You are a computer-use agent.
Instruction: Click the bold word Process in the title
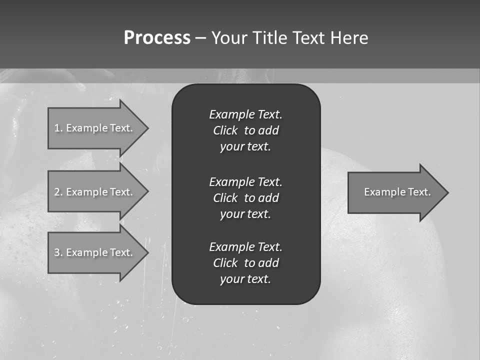157,38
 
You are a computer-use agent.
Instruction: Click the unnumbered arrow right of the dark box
395,192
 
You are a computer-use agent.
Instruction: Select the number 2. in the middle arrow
58,192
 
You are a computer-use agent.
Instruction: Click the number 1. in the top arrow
58,128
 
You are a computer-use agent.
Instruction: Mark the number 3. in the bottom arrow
58,252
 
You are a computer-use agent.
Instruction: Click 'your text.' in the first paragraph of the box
245,147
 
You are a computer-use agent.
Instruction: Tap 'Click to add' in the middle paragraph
245,198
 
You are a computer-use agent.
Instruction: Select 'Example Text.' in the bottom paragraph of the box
245,247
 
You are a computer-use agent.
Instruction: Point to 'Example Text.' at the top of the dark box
245,114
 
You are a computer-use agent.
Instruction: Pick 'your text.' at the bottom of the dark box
245,279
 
